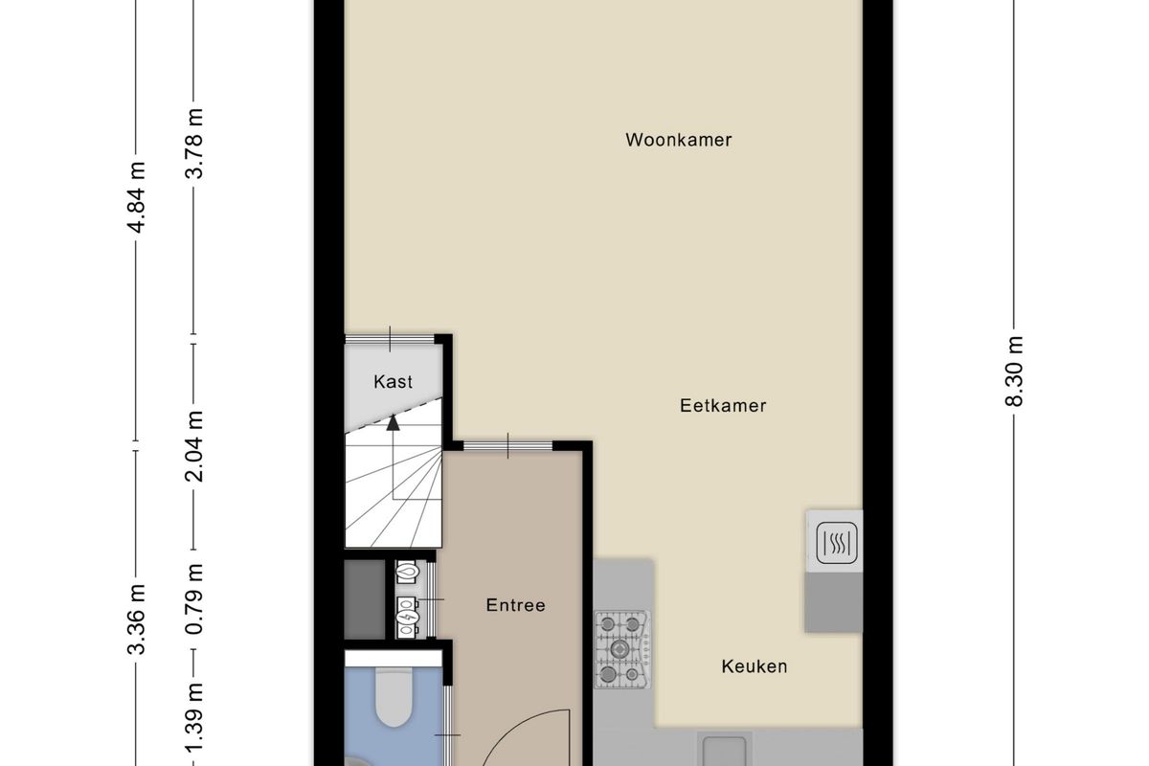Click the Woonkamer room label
[678, 140]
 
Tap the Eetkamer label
[723, 406]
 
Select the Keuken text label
[755, 666]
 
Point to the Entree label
[515, 605]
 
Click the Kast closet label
[393, 382]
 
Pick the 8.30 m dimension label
[1014, 372]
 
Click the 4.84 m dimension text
[136, 197]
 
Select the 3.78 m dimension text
[193, 144]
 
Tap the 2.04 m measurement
[193, 446]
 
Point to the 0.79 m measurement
[193, 598]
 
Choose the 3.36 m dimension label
[136, 620]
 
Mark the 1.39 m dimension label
[193, 725]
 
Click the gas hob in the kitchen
[622, 649]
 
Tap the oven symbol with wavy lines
[837, 543]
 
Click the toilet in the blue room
[394, 696]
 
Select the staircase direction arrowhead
[393, 423]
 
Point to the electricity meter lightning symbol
[406, 618]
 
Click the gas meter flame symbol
[407, 572]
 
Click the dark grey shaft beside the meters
[365, 599]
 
